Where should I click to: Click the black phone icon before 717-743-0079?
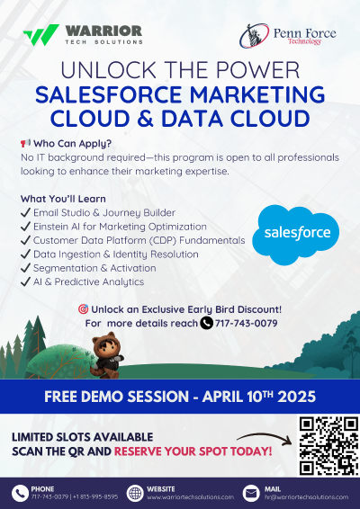[206, 323]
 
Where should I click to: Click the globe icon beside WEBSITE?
[135, 493]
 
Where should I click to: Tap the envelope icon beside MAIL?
[251, 493]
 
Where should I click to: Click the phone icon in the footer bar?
[19, 493]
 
